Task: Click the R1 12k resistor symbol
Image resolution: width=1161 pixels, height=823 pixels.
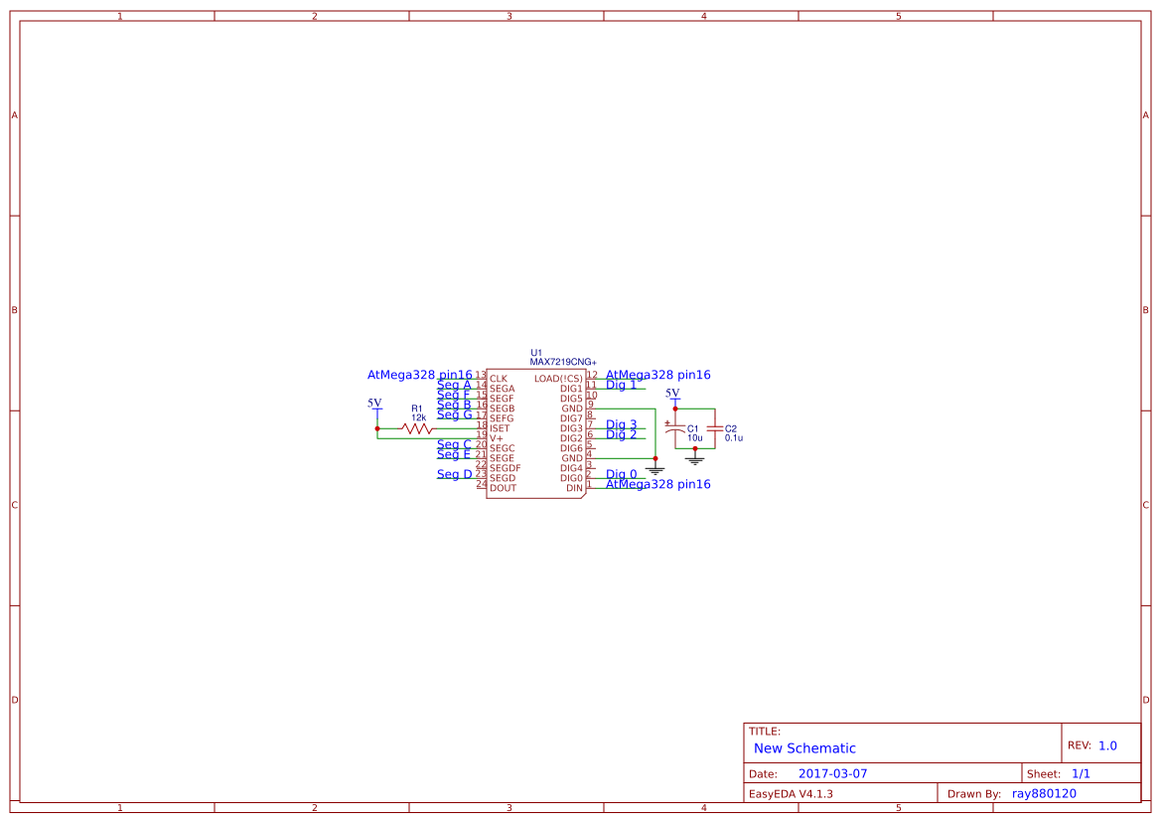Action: [x=417, y=428]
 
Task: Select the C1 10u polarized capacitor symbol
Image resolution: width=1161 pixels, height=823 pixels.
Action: [x=675, y=428]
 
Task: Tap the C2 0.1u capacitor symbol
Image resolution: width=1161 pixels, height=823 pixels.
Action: [x=714, y=428]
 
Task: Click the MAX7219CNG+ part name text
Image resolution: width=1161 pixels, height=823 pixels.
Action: [x=562, y=363]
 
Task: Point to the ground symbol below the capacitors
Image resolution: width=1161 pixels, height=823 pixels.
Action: [x=695, y=459]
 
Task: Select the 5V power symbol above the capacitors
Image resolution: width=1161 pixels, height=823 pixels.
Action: [x=673, y=395]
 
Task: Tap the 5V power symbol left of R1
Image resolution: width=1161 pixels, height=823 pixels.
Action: [x=375, y=406]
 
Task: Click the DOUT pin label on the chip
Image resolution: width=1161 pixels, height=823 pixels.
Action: [x=503, y=488]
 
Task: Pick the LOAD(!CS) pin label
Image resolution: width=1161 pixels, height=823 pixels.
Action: [x=557, y=379]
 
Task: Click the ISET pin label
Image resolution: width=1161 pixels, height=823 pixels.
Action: [x=500, y=428]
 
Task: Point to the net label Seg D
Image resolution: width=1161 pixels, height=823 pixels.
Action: [x=455, y=474]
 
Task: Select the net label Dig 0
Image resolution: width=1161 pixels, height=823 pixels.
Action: [x=622, y=474]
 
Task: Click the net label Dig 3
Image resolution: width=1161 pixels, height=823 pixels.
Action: [x=622, y=424]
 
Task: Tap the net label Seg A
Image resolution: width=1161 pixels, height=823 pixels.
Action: [x=454, y=385]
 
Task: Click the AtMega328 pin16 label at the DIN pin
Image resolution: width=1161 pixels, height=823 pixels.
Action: [x=657, y=484]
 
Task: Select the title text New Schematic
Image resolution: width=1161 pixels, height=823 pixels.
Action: [x=804, y=748]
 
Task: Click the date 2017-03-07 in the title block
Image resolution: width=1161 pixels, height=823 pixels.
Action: [x=832, y=773]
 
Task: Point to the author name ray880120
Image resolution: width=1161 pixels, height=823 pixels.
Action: [x=1044, y=793]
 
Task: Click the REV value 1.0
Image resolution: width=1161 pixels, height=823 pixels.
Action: [x=1107, y=745]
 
